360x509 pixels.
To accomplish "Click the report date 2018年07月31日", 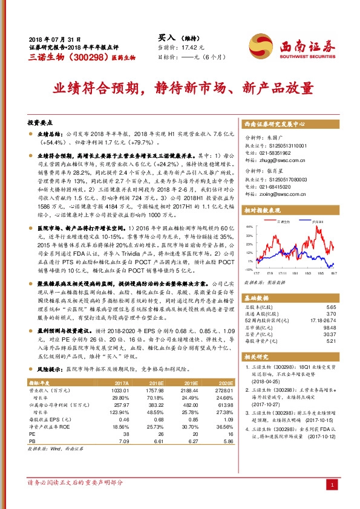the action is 54,38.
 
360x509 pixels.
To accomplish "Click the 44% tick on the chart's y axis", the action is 249,229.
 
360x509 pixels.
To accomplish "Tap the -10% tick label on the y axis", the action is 247,270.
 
